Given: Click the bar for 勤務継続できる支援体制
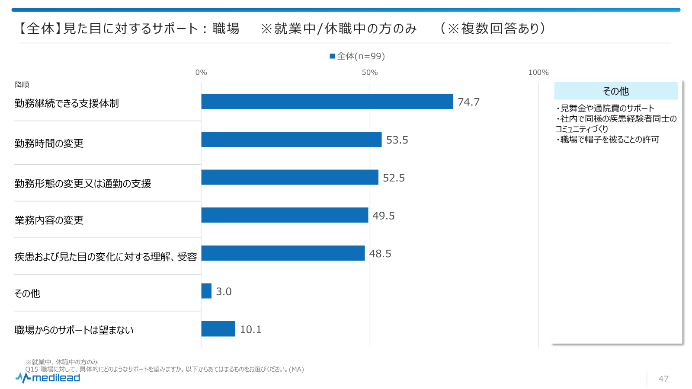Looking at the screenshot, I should pyautogui.click(x=327, y=102).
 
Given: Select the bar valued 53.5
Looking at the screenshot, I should pyautogui.click(x=291, y=140).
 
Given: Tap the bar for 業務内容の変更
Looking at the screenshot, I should pyautogui.click(x=285, y=215).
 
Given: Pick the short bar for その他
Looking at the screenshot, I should pyautogui.click(x=206, y=291).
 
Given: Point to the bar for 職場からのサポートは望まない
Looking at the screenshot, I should pyautogui.click(x=218, y=329).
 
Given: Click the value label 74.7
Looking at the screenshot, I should pyautogui.click(x=468, y=102).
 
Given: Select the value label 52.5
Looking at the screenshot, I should pyautogui.click(x=394, y=178).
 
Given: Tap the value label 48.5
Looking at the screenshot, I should pyautogui.click(x=380, y=254).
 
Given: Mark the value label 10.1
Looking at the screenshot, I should pyautogui.click(x=250, y=329).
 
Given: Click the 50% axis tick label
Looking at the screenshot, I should pyautogui.click(x=369, y=73).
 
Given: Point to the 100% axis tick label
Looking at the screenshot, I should pyautogui.click(x=538, y=73).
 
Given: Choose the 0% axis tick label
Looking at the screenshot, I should pyautogui.click(x=201, y=73).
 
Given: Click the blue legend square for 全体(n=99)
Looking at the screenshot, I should pyautogui.click(x=332, y=56).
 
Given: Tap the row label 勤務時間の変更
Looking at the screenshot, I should pyautogui.click(x=49, y=143).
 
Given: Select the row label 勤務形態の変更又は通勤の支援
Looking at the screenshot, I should pyautogui.click(x=83, y=184).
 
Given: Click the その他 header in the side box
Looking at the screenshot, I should pyautogui.click(x=616, y=91).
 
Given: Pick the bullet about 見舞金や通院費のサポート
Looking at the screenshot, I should pyautogui.click(x=605, y=108).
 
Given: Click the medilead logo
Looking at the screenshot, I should pyautogui.click(x=48, y=378).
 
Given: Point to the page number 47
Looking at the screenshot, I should pyautogui.click(x=663, y=379).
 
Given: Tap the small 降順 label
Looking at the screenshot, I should pyautogui.click(x=22, y=85).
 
